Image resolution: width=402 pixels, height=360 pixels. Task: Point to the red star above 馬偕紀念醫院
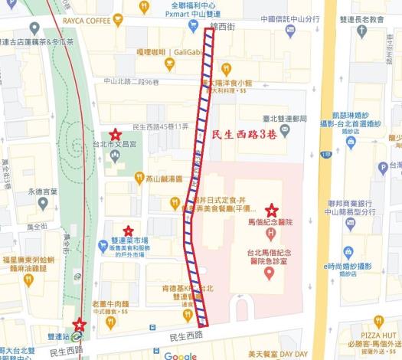click(x=271, y=210)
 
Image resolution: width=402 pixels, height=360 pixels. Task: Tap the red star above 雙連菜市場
click(x=128, y=231)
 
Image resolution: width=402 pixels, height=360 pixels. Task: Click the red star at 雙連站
click(x=80, y=325)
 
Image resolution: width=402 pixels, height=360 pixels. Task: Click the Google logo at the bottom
click(x=181, y=355)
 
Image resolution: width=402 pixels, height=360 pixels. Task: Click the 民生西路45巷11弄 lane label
click(x=160, y=126)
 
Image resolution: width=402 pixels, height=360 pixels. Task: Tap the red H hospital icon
click(x=270, y=222)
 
